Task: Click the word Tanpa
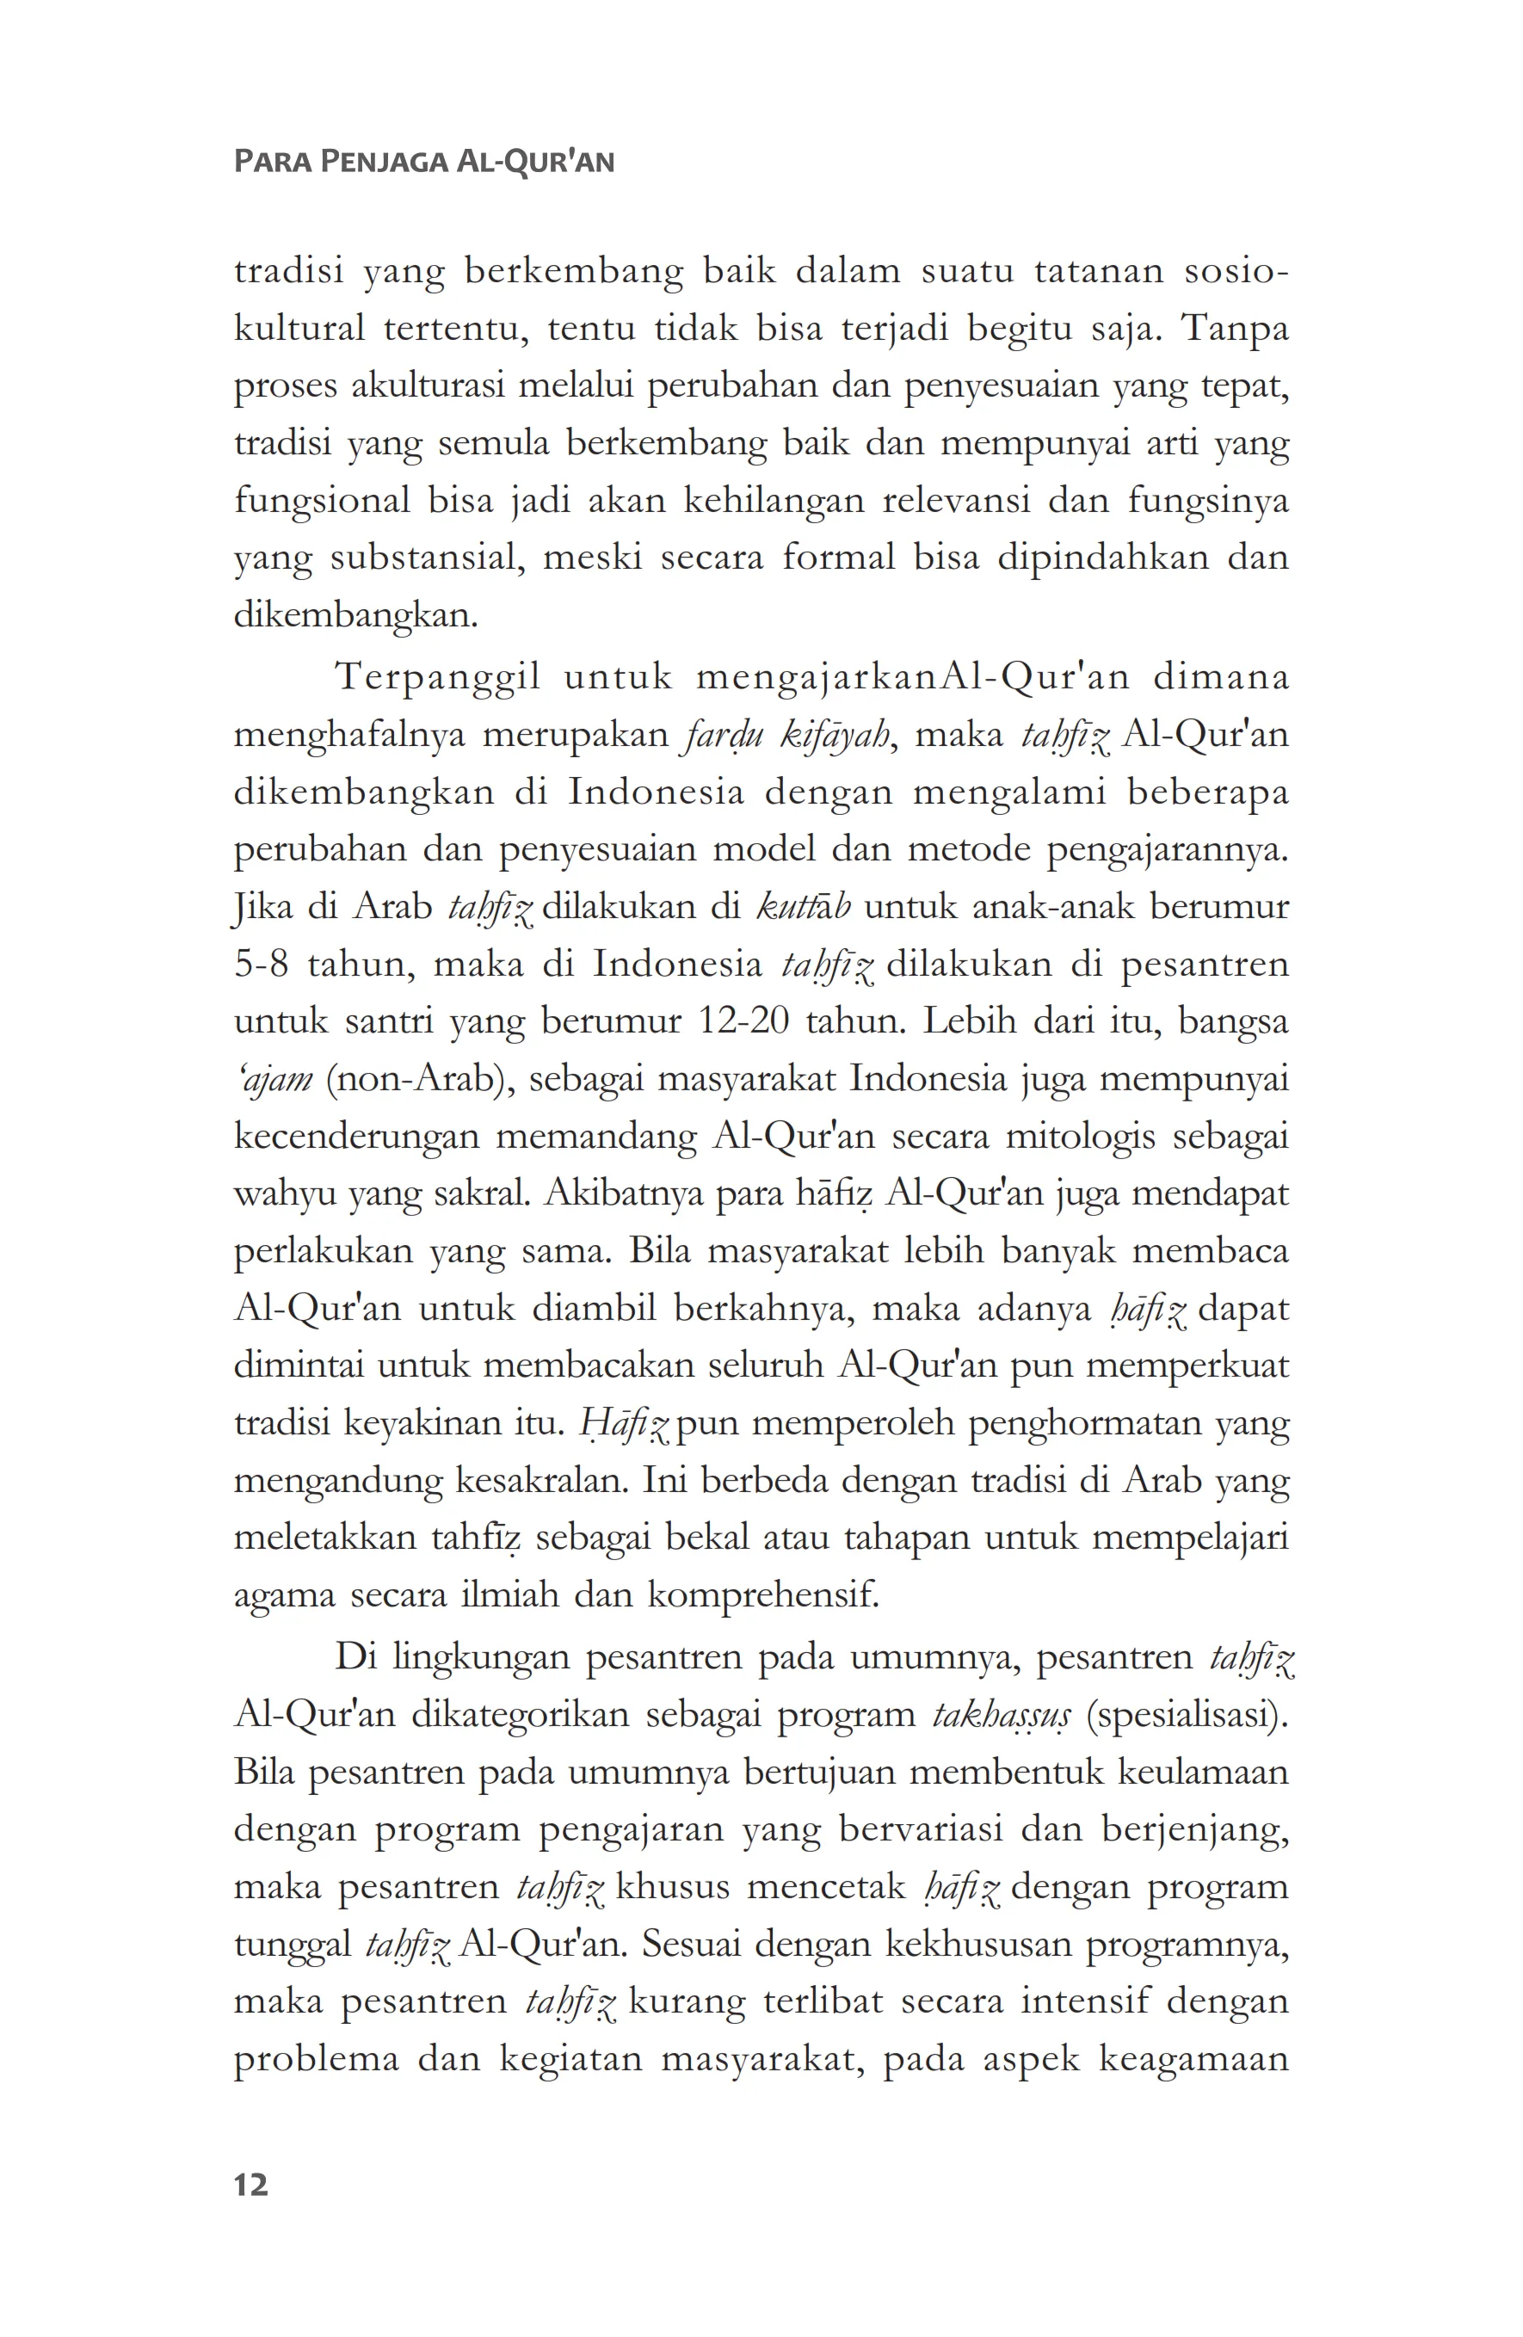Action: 1234,329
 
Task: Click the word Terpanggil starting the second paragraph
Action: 438,676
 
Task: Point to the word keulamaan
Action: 1204,1773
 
